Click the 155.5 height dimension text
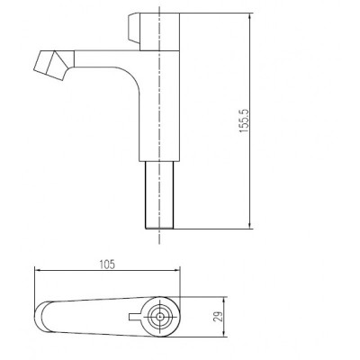pyautogui.click(x=244, y=121)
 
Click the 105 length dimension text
pyautogui.click(x=107, y=265)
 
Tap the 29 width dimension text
pyautogui.click(x=219, y=317)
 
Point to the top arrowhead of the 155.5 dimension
pyautogui.click(x=249, y=17)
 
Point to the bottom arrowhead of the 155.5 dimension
pyautogui.click(x=249, y=225)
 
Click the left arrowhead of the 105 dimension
pyautogui.click(x=39, y=270)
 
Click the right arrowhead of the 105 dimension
pyautogui.click(x=176, y=270)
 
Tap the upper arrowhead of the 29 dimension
pyautogui.click(x=225, y=301)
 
